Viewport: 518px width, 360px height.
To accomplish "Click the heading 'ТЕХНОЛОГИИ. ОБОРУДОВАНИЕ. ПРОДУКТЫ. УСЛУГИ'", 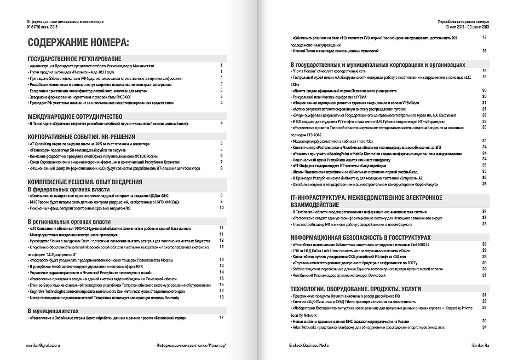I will tap(361, 288).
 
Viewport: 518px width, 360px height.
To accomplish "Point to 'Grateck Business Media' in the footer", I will tap(310, 346).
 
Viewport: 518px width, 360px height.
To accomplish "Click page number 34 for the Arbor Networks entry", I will tap(485, 327).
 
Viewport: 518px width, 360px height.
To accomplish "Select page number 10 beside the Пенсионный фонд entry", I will tap(221, 208).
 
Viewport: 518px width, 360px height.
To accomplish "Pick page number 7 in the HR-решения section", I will tap(221, 162).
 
